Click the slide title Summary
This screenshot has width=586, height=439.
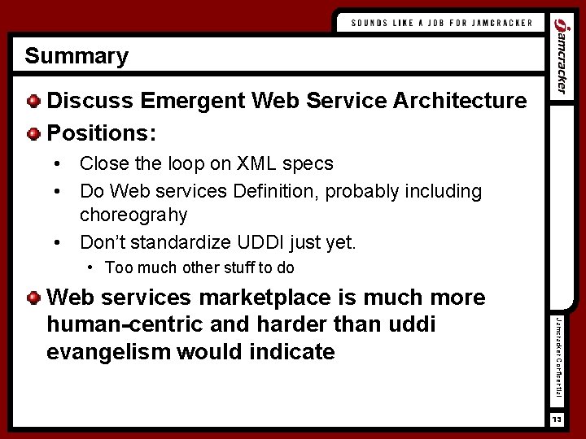pyautogui.click(x=77, y=56)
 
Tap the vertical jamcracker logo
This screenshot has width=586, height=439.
pyautogui.click(x=560, y=58)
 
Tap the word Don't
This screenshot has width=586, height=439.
pyautogui.click(x=103, y=241)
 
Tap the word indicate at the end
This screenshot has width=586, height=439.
pyautogui.click(x=292, y=351)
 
